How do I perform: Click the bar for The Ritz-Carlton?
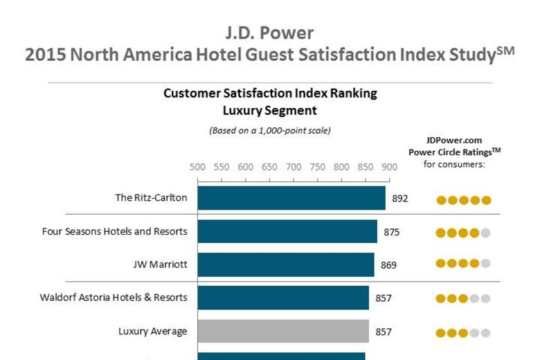(291, 198)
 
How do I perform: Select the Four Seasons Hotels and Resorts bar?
(287, 231)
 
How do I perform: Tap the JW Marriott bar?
(286, 264)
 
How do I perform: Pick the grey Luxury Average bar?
(283, 331)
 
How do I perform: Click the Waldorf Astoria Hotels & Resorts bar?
(283, 298)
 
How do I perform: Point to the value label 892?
(400, 198)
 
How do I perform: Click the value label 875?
(392, 232)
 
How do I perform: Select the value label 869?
(389, 265)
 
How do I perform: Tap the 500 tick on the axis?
(197, 167)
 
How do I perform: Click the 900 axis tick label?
(389, 167)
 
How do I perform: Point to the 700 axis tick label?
(294, 167)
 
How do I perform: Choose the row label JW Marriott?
(160, 264)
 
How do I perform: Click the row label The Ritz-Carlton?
(151, 198)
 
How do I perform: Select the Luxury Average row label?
(152, 331)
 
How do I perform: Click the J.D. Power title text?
(269, 33)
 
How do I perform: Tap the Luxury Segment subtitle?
(270, 110)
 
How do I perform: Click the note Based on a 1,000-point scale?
(270, 130)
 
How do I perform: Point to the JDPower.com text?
(454, 140)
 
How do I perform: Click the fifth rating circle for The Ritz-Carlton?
(486, 201)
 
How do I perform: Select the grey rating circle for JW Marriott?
(486, 263)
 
